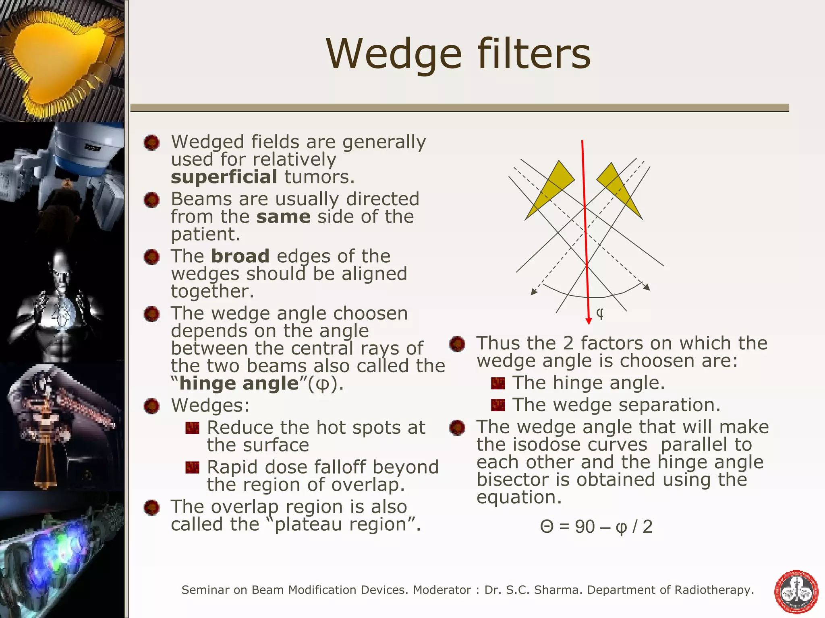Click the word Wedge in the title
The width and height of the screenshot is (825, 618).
(x=394, y=54)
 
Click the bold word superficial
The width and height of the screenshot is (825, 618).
(x=224, y=177)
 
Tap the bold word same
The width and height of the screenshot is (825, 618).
(x=283, y=217)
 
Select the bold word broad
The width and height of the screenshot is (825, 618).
(x=240, y=256)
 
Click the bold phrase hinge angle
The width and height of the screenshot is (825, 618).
(x=239, y=383)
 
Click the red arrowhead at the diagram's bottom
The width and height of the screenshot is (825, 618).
(x=589, y=320)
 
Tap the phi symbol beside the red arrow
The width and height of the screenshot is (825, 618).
(x=600, y=313)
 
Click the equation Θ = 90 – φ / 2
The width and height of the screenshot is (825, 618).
(x=596, y=527)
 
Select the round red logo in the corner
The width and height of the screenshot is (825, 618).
(x=796, y=591)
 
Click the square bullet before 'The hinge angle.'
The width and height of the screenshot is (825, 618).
(x=498, y=383)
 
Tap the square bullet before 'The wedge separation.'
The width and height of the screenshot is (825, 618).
(x=498, y=405)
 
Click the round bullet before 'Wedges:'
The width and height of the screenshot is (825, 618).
(x=151, y=406)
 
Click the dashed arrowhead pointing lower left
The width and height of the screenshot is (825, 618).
(x=533, y=292)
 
